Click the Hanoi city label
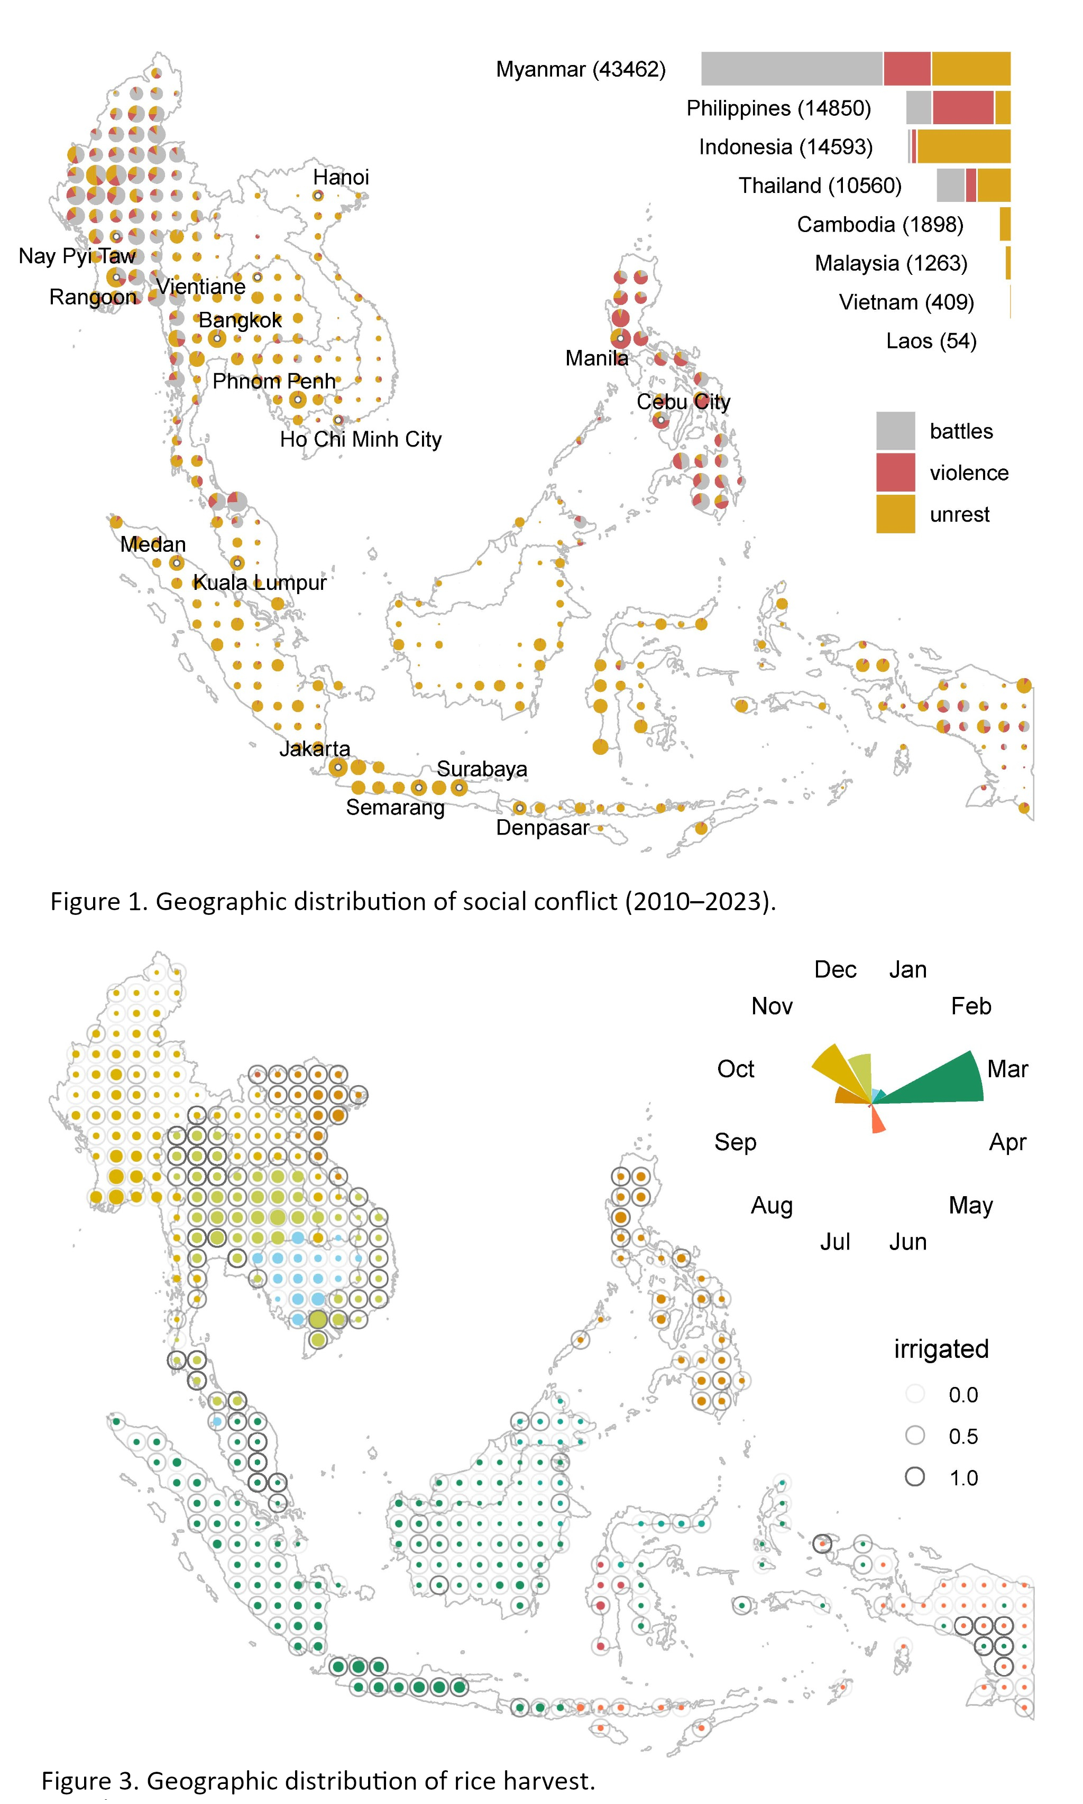point(341,177)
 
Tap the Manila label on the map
point(596,358)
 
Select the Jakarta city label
point(315,748)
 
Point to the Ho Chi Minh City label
point(361,439)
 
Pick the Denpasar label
point(542,828)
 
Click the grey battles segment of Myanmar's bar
point(791,69)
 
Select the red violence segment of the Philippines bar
point(962,108)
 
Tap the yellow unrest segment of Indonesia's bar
point(963,146)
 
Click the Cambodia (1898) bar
point(1005,224)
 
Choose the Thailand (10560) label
point(820,186)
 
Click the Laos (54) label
point(931,341)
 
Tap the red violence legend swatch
point(895,473)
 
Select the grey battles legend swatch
point(895,431)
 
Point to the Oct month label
point(735,1069)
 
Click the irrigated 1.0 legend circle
point(914,1477)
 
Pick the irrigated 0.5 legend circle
point(914,1436)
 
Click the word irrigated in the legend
point(941,1349)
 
